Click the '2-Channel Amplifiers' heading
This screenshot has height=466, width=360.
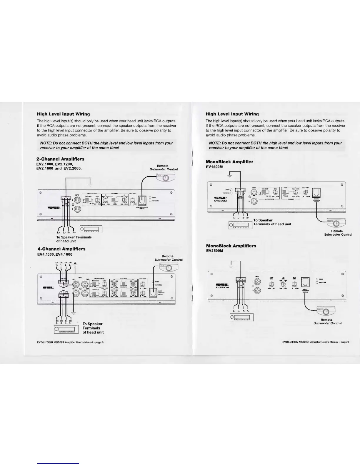[x=60, y=159]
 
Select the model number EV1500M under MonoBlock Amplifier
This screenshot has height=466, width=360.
[x=214, y=167]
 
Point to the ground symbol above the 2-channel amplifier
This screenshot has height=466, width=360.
[x=90, y=185]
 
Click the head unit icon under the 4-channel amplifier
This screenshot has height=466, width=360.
[x=66, y=329]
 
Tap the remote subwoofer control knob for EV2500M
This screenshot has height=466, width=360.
[x=326, y=312]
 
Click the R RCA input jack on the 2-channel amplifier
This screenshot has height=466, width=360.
[x=77, y=209]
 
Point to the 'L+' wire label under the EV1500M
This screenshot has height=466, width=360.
[x=234, y=218]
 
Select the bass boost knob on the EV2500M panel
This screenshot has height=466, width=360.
[x=294, y=284]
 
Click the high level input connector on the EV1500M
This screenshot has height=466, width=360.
[x=240, y=191]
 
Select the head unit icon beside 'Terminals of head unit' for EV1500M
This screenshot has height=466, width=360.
[x=241, y=225]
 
